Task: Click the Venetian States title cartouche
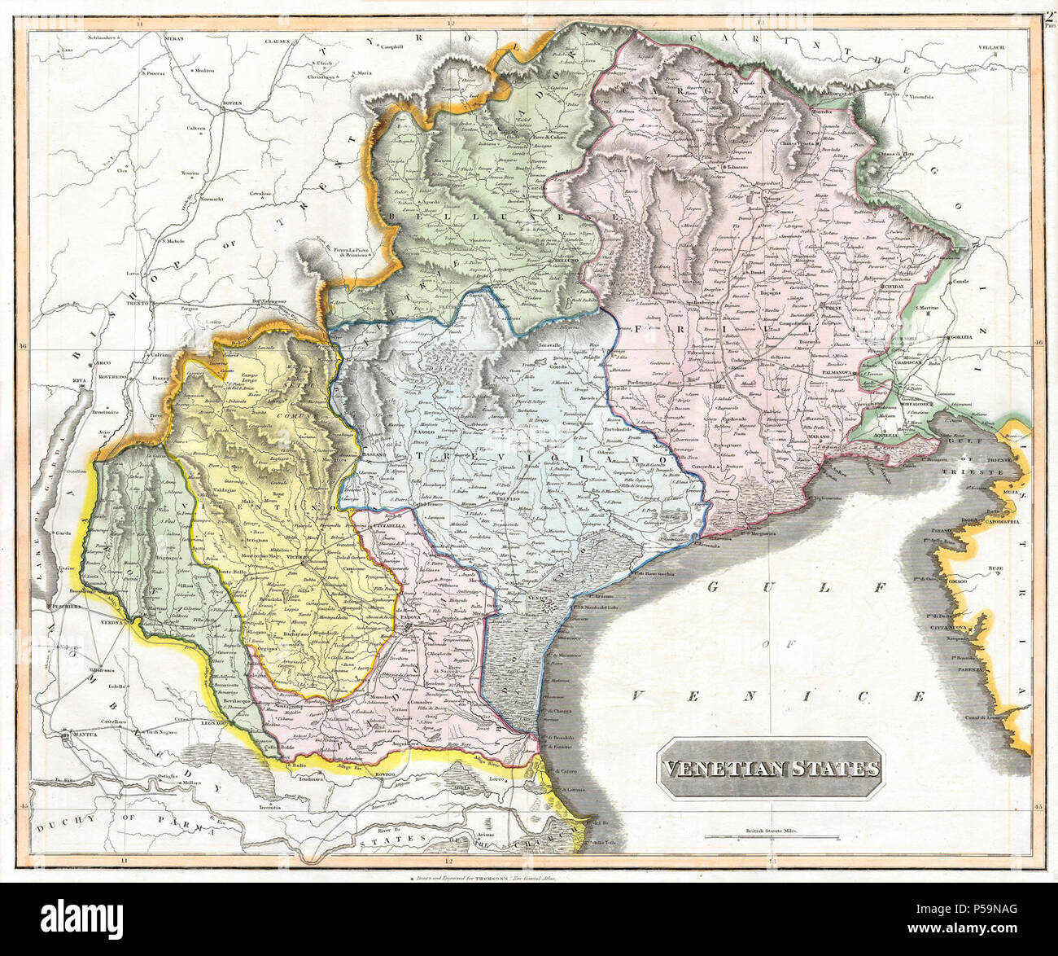point(769,768)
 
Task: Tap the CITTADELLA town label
point(388,527)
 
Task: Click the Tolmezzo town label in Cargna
point(738,167)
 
